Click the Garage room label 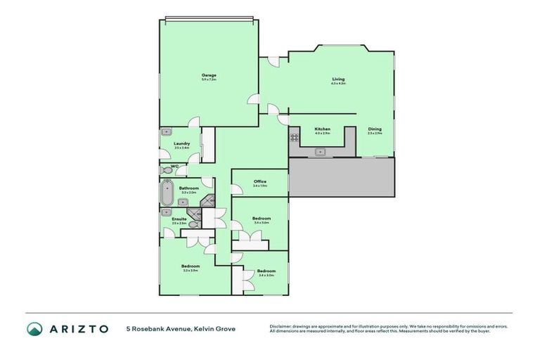tap(208, 75)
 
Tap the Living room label tap(338, 79)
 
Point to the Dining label tap(375, 129)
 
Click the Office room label tap(259, 182)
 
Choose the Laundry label tap(181, 143)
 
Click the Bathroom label tap(188, 188)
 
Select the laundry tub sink tap(167, 131)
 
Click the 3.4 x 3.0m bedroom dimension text tap(266, 276)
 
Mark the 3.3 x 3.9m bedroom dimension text tap(191, 271)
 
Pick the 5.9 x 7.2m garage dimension tap(208, 79)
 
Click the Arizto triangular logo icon tap(34, 329)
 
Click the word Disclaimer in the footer tap(281, 326)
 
